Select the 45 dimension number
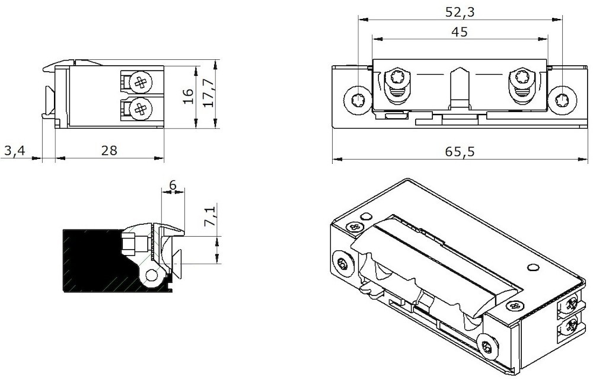click(x=459, y=32)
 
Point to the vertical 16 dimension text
click(x=188, y=96)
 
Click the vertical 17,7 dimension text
click(x=208, y=94)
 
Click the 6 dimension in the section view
click(x=173, y=185)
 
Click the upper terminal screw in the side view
click(x=141, y=82)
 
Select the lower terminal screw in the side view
click(x=141, y=108)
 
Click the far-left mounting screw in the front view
click(x=358, y=100)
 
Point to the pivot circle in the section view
click(x=153, y=275)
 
